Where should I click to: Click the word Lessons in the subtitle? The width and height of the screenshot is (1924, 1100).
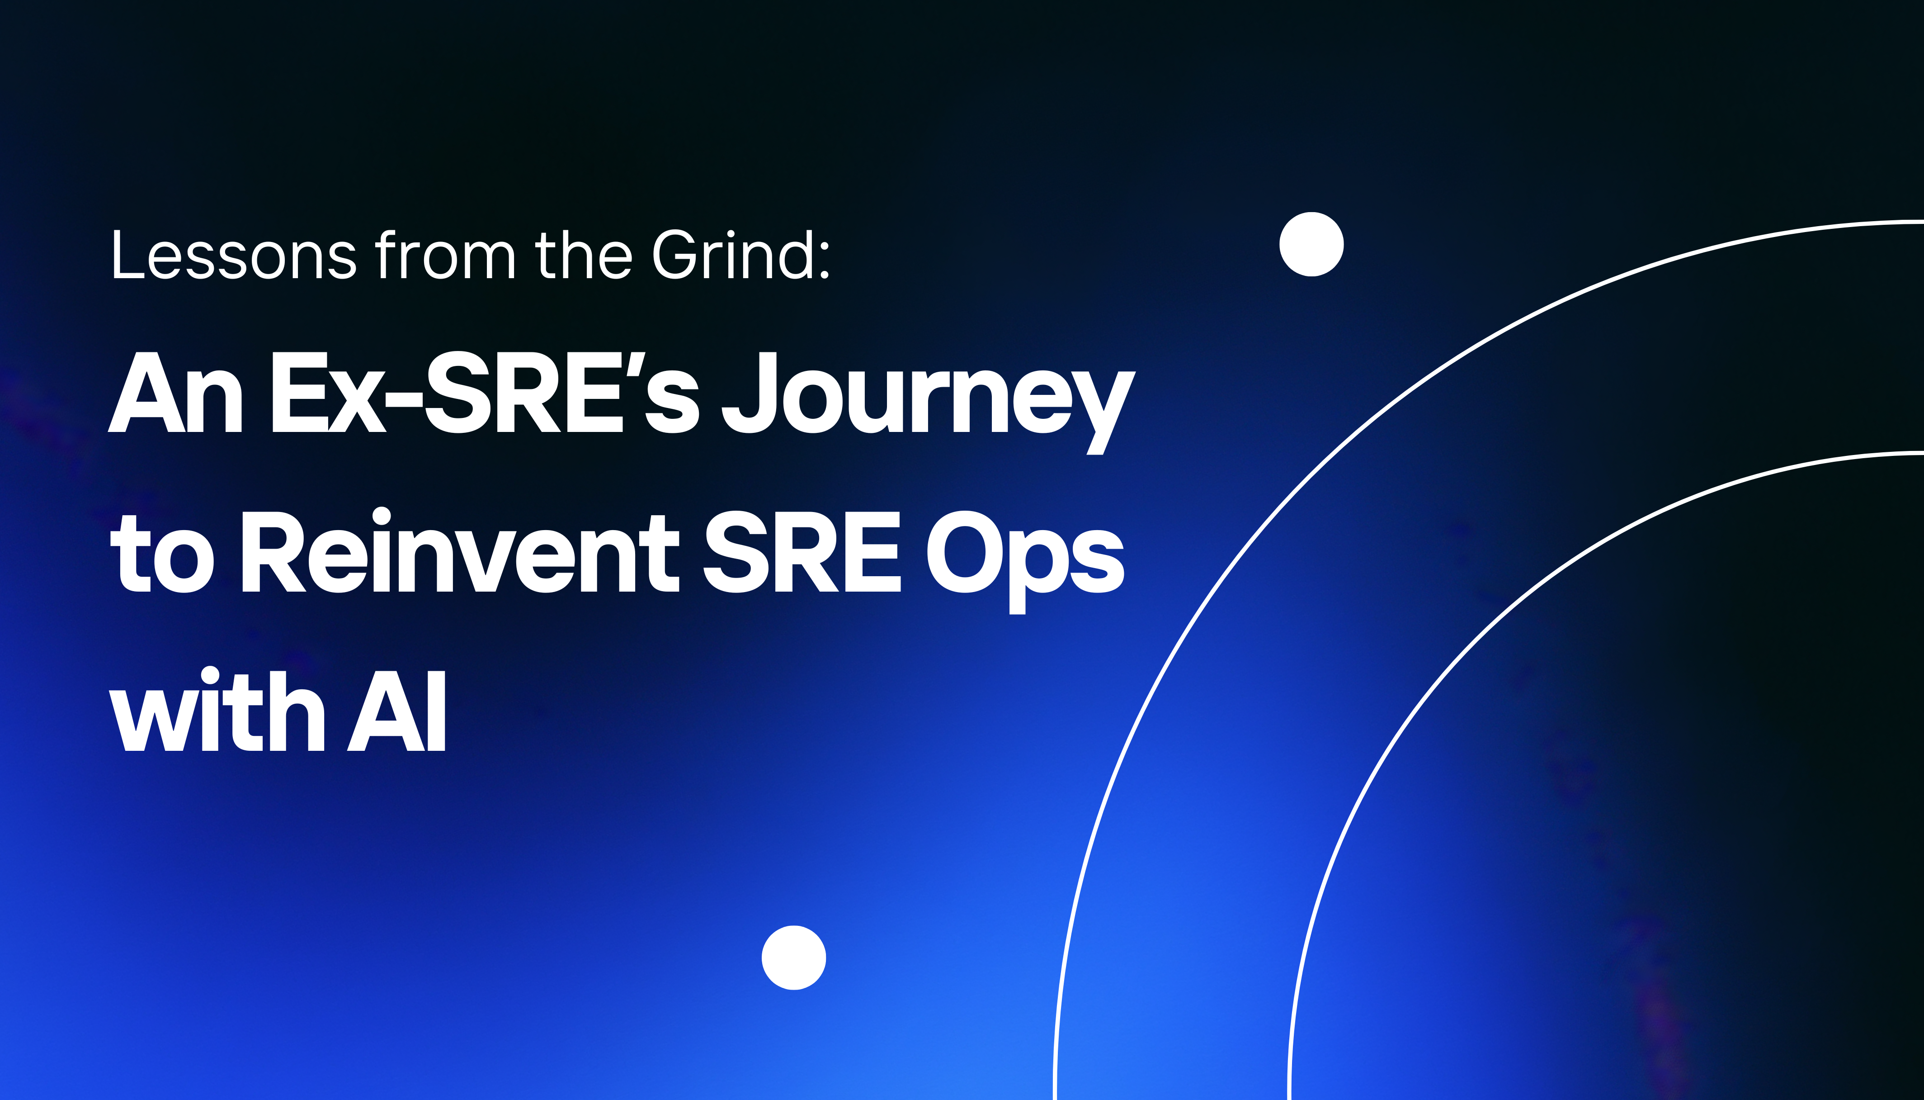pyautogui.click(x=234, y=256)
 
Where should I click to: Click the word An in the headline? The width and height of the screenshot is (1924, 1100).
pyautogui.click(x=175, y=393)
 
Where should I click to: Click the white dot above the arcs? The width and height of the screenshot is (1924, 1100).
pyautogui.click(x=1311, y=244)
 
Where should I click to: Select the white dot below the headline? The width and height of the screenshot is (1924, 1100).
pyautogui.click(x=794, y=957)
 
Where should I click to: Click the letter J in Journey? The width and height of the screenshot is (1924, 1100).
pyautogui.click(x=748, y=393)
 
